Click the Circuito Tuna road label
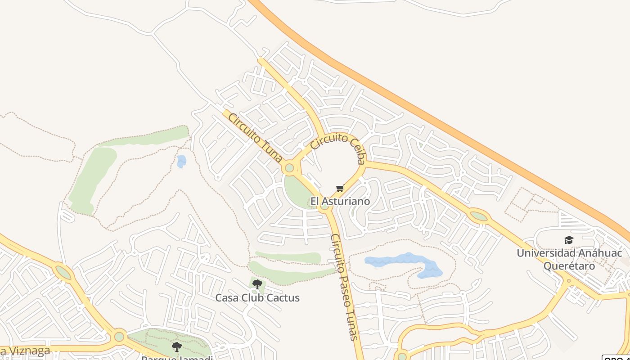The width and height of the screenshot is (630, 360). click(x=255, y=138)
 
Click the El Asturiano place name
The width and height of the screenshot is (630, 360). click(x=340, y=201)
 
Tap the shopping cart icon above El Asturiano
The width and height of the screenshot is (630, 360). click(x=340, y=189)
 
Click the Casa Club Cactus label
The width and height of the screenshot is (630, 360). click(x=257, y=298)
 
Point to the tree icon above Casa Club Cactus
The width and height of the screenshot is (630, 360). click(x=257, y=284)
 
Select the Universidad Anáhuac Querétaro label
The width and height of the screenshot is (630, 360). click(x=569, y=259)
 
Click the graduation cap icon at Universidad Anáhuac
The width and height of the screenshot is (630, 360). click(x=569, y=240)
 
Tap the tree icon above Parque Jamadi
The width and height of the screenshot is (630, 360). click(x=177, y=346)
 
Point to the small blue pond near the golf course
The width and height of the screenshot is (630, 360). click(x=181, y=161)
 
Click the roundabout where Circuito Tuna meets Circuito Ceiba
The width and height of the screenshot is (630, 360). click(x=289, y=168)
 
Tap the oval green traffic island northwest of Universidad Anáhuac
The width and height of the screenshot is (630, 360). click(x=478, y=216)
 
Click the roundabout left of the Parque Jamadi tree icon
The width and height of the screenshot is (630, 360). click(x=119, y=336)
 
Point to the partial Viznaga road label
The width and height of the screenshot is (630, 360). click(x=25, y=351)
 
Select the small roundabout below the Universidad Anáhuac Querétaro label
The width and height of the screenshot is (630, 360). click(x=569, y=281)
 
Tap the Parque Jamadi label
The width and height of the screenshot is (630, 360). click(x=177, y=357)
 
